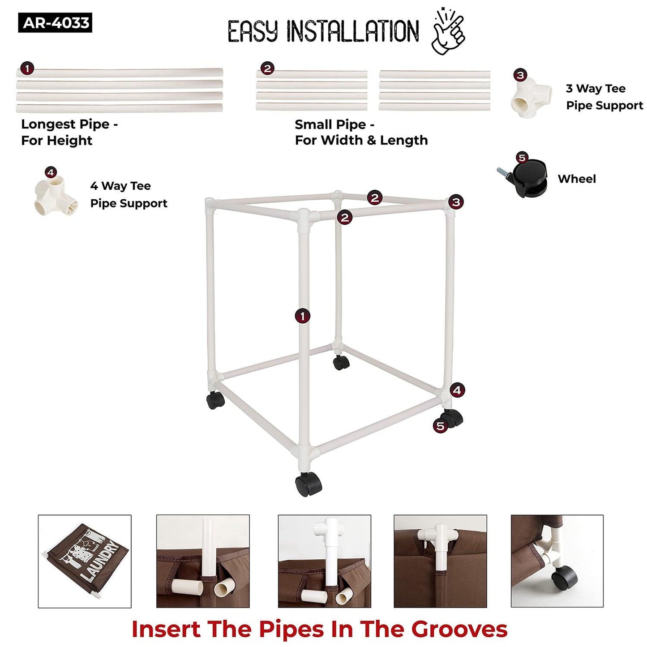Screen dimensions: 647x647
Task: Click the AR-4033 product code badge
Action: (55, 23)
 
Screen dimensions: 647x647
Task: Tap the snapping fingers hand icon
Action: (448, 32)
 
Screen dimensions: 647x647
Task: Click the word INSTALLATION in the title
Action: (352, 31)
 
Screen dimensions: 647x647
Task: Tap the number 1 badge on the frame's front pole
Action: (303, 316)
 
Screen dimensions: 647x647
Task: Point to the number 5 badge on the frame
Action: (440, 426)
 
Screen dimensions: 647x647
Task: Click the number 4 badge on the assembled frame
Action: (457, 390)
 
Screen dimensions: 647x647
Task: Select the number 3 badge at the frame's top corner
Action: (456, 202)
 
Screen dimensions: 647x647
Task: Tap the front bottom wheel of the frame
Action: (308, 484)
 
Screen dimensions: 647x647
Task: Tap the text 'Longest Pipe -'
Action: (69, 124)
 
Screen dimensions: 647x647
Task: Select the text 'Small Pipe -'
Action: (334, 124)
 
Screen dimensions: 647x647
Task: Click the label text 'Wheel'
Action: (577, 179)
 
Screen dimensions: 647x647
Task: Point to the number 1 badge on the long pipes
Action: (27, 69)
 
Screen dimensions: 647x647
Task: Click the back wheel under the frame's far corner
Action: (341, 363)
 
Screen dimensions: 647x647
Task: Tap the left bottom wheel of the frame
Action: (215, 400)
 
